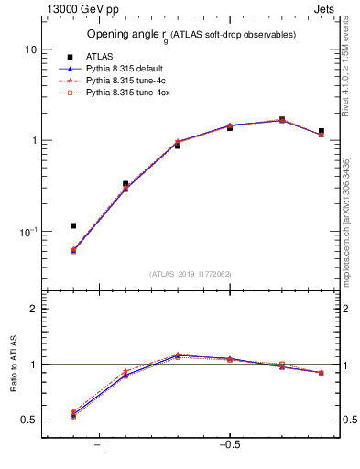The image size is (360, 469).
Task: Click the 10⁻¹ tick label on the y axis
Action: click(27, 233)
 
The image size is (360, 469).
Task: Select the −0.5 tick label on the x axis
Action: click(229, 445)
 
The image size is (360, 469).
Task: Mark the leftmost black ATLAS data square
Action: click(73, 225)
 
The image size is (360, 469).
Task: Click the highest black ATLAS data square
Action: click(282, 119)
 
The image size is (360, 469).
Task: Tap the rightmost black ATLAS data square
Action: click(321, 131)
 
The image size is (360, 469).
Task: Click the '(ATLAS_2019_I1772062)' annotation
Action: click(191, 273)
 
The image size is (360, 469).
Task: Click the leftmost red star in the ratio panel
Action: click(73, 412)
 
